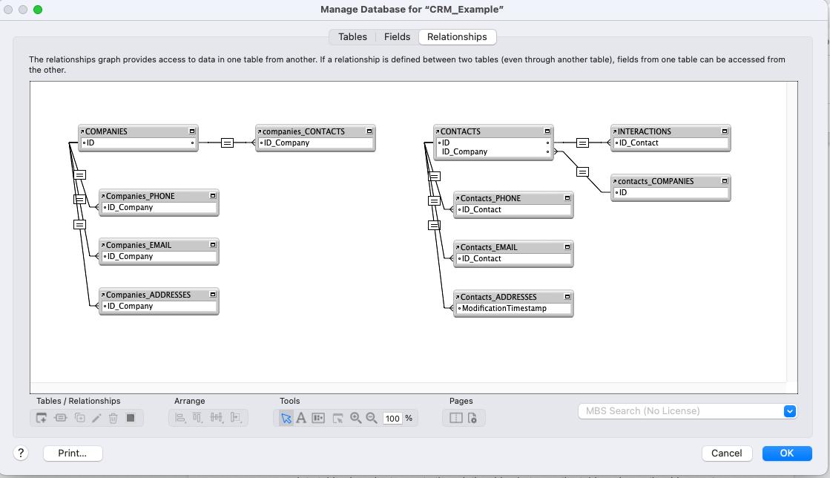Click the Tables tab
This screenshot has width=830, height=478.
tap(352, 36)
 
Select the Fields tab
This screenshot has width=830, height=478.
tap(397, 36)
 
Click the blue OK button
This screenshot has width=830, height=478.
tap(786, 453)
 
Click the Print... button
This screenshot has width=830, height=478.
tap(72, 453)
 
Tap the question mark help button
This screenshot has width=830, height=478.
tap(21, 453)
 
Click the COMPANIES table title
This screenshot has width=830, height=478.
tap(106, 131)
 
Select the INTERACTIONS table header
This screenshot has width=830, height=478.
tap(645, 131)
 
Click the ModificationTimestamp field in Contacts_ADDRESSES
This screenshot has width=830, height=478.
tap(504, 308)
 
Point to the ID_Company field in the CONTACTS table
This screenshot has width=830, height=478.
tap(465, 151)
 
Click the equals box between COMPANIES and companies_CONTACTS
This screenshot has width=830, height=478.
tap(227, 143)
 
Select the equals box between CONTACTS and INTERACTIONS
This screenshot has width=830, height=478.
tap(582, 143)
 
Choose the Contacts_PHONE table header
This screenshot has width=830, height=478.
tap(490, 198)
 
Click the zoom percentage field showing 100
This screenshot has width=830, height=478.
tap(392, 418)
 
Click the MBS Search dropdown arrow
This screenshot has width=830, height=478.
tap(789, 410)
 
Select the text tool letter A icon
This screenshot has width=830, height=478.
tap(301, 418)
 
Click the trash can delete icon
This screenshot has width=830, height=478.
tap(113, 418)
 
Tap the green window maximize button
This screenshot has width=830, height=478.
tap(38, 10)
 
